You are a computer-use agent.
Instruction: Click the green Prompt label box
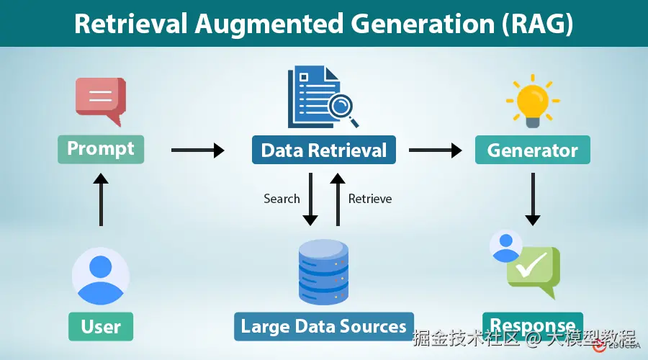point(101,149)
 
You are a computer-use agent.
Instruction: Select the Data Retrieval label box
point(323,150)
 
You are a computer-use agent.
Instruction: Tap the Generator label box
point(532,150)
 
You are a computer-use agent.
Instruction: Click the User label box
point(101,326)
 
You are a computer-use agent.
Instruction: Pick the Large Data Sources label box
point(323,326)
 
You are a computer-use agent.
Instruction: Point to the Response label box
point(532,324)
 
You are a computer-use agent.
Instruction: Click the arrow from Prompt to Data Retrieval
point(198,150)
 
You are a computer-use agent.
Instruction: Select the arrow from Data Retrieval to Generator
point(436,150)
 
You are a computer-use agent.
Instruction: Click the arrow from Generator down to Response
point(532,198)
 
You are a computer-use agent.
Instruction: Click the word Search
point(282,199)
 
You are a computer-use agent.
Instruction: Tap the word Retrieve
point(370,199)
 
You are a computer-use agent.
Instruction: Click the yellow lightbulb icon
point(533,101)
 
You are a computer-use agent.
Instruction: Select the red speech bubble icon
point(101,99)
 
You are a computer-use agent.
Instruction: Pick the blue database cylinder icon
point(323,271)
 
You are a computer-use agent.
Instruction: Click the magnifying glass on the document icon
point(341,104)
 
